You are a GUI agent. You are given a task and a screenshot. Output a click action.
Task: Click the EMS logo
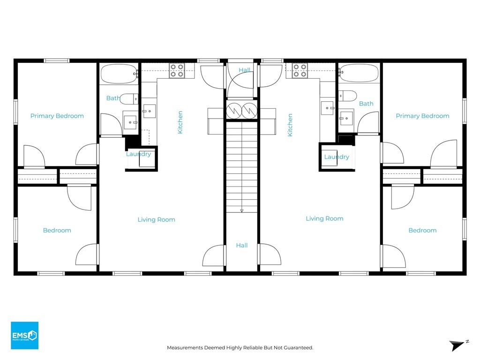pos(24,335)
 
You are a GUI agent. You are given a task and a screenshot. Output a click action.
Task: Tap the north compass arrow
pos(457,345)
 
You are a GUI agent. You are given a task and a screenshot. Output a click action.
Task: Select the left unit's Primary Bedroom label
pos(57,116)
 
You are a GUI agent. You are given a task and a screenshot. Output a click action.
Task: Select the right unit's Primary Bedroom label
pos(422,116)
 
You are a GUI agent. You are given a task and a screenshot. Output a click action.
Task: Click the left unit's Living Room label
pos(156,219)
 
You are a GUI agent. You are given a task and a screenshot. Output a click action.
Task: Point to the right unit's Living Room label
pos(324,218)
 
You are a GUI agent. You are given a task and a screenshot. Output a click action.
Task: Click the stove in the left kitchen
pos(177,70)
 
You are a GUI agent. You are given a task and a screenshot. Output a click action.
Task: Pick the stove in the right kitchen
pos(300,70)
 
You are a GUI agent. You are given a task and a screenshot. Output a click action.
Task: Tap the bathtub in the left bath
pos(119,74)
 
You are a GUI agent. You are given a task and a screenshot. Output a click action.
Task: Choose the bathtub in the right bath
pos(359,73)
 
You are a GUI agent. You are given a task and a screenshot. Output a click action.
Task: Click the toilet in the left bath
pos(129,99)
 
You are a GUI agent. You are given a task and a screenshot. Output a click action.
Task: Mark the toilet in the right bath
pos(347,96)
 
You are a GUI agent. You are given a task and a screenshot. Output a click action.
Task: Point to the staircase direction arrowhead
pos(241,210)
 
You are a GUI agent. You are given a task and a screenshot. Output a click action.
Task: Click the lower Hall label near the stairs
pos(241,245)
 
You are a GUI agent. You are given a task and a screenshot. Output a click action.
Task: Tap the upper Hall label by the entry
pos(244,70)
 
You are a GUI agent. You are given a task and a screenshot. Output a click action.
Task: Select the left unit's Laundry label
pos(138,154)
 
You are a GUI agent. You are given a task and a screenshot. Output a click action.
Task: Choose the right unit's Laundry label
pos(337,157)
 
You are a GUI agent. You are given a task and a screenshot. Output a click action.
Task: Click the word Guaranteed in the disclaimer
pos(298,347)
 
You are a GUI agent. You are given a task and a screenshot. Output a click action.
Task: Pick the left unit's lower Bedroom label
pos(57,230)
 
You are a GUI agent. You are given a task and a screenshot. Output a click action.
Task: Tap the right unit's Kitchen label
pos(290,125)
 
